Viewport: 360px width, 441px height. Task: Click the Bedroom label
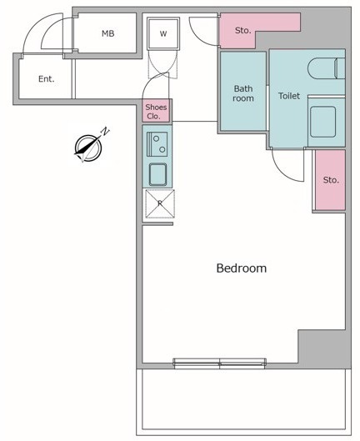click(x=242, y=268)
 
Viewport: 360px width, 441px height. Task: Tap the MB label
click(x=108, y=33)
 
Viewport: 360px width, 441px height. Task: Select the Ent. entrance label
click(x=47, y=78)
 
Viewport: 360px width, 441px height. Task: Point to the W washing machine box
click(x=163, y=33)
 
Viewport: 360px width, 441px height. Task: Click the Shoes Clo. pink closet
click(x=156, y=112)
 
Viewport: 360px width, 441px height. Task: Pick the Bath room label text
click(x=243, y=93)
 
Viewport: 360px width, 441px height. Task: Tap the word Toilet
click(x=289, y=96)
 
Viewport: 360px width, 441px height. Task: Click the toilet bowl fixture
click(x=327, y=68)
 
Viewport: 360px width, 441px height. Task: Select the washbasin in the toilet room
click(x=322, y=122)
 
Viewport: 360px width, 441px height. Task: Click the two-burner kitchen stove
click(x=157, y=144)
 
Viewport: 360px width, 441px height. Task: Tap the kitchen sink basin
click(x=157, y=174)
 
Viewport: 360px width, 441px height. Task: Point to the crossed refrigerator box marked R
click(x=160, y=203)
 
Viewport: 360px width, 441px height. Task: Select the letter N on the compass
click(x=105, y=132)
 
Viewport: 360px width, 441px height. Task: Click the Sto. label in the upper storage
click(x=243, y=30)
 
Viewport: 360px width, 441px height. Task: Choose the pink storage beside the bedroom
click(x=330, y=180)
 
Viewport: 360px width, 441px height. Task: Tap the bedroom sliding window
click(x=219, y=363)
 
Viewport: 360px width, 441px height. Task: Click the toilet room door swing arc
click(x=283, y=172)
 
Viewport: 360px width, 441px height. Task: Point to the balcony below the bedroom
click(x=243, y=402)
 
